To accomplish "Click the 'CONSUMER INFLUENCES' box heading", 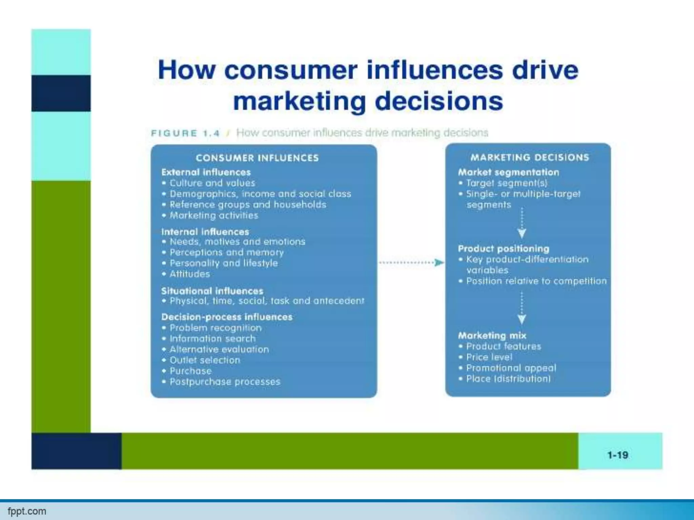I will point(257,158).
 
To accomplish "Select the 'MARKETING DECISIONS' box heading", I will point(530,157).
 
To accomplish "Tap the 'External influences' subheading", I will point(206,172).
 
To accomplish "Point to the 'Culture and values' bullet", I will point(212,183).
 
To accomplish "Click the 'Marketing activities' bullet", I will point(214,216).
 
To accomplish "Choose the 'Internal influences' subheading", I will point(205,232).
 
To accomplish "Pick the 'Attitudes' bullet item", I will point(189,274).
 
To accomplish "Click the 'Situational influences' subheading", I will point(212,291).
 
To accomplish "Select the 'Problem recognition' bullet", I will point(216,328).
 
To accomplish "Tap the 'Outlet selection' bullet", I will point(205,360).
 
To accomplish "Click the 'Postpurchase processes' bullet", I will point(225,382).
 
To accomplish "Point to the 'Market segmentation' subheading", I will point(508,172).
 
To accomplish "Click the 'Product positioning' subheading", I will point(504,248).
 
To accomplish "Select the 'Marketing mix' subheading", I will point(492,335).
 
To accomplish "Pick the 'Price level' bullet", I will point(489,357).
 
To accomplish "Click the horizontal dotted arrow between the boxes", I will point(411,262).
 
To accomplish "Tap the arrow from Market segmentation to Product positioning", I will point(522,224).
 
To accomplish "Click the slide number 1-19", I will point(618,455).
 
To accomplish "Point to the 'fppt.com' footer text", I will point(27,511).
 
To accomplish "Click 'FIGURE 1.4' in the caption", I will point(185,133).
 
